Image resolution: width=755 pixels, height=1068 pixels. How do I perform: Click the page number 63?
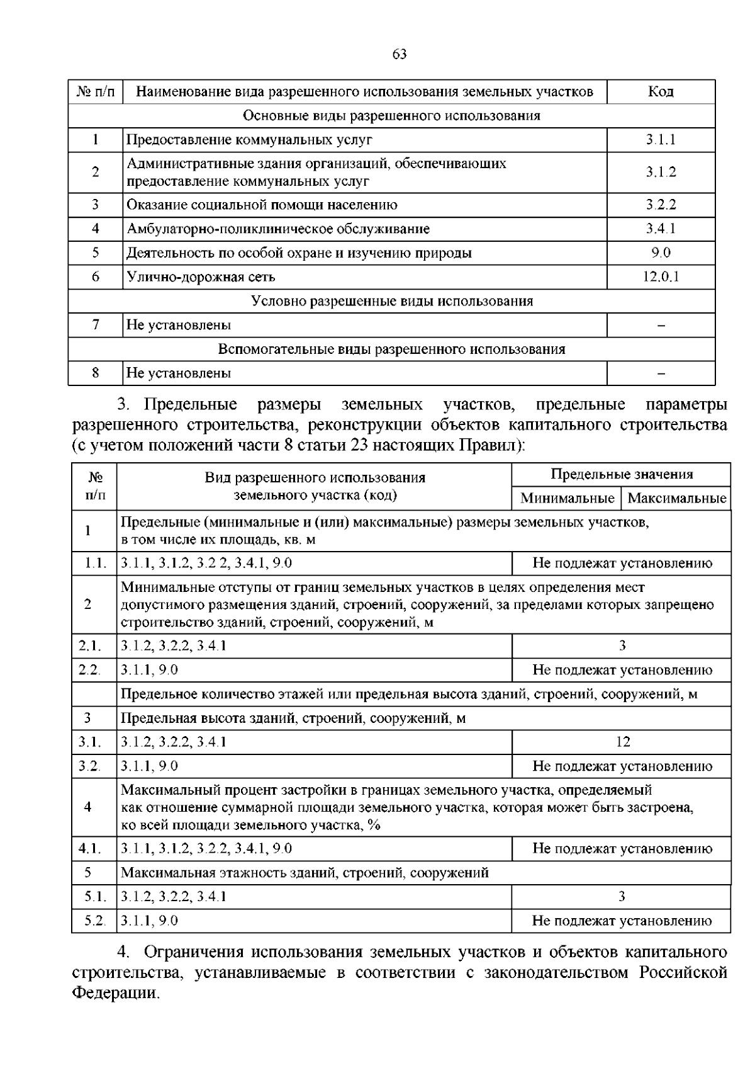(x=400, y=54)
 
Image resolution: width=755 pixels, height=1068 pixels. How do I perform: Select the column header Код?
(x=661, y=92)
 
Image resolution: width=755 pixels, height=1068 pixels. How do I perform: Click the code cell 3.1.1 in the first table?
(x=661, y=140)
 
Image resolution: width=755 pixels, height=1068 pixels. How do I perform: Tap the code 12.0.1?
(x=661, y=277)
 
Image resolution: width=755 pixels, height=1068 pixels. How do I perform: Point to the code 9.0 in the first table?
(x=661, y=253)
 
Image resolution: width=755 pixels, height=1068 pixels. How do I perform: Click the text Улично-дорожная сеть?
(x=201, y=277)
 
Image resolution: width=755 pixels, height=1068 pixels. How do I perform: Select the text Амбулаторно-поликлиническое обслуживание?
(x=278, y=229)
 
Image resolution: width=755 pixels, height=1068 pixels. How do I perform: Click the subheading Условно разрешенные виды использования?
(x=392, y=301)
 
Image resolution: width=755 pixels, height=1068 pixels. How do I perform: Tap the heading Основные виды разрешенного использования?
(x=392, y=116)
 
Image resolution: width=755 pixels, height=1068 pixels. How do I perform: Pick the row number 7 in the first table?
(x=96, y=325)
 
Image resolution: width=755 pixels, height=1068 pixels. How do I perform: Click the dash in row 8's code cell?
(x=661, y=373)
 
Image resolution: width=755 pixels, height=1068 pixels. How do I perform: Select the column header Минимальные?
(x=567, y=499)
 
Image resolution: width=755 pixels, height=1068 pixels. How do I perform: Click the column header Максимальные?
(x=677, y=499)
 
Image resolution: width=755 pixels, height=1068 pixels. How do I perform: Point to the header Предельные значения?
(x=622, y=475)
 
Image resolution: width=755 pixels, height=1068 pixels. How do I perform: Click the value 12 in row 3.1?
(x=622, y=742)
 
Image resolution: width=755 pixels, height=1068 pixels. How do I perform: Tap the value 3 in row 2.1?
(x=622, y=646)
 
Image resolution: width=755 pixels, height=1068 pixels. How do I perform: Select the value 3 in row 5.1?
(x=622, y=897)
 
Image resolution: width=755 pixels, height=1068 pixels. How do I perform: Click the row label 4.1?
(x=89, y=849)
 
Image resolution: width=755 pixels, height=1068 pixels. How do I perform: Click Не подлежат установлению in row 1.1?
(x=622, y=564)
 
